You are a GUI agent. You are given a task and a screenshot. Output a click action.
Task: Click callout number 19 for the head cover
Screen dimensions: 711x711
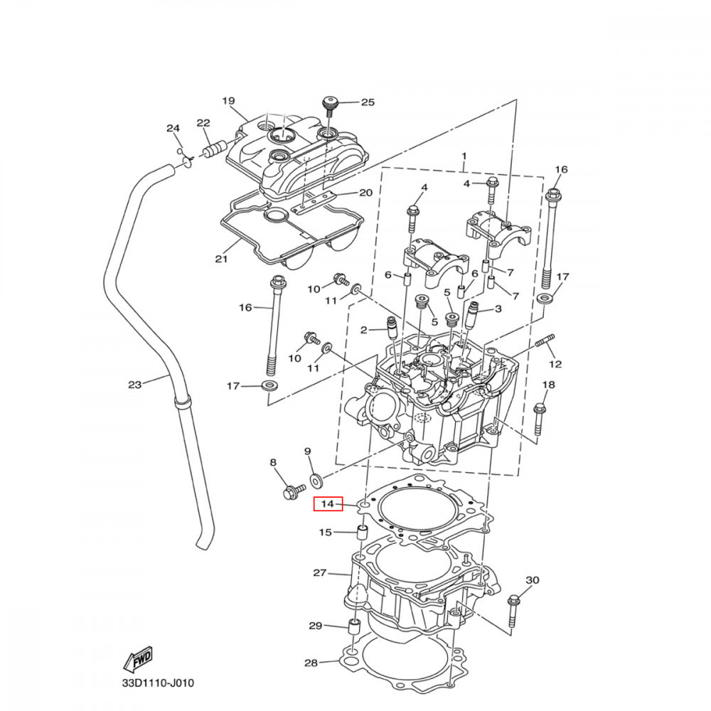coord(228,101)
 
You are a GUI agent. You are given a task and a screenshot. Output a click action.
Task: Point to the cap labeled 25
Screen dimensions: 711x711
coord(329,105)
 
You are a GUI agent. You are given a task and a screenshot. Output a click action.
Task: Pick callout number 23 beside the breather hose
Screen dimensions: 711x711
coord(135,385)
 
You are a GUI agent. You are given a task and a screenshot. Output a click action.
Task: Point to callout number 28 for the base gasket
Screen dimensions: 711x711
coord(311,663)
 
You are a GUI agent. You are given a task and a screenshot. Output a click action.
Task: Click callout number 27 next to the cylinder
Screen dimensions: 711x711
coord(319,572)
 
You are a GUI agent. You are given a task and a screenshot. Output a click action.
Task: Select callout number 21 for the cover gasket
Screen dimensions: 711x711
coord(221,259)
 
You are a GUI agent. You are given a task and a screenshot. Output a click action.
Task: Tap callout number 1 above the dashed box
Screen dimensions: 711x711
coord(464,156)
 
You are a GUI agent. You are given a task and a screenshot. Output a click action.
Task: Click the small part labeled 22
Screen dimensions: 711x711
coord(213,151)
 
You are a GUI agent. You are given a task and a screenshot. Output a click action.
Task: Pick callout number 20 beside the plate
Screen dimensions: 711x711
coord(365,193)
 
